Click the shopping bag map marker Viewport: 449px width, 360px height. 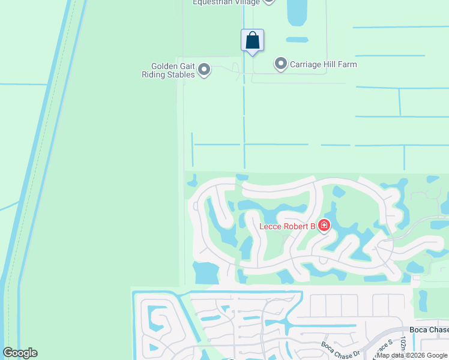[253, 41]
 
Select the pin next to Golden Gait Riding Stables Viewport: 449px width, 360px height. [204, 70]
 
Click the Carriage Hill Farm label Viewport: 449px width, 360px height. [324, 64]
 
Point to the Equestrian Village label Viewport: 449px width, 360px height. [225, 2]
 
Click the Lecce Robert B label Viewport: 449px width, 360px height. [287, 226]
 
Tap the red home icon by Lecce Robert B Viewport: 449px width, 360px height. [324, 226]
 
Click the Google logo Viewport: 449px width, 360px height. [20, 353]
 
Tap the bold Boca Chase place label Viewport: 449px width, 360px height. [429, 330]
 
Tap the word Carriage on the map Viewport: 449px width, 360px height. [307, 64]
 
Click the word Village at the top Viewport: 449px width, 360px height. [247, 2]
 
